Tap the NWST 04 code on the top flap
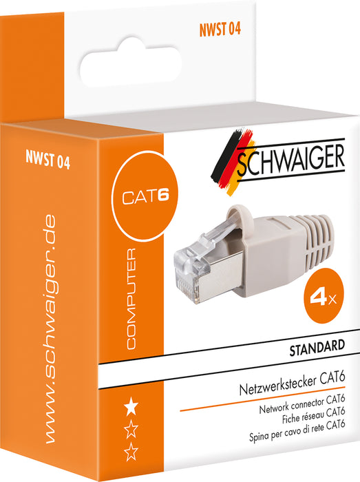[221, 29]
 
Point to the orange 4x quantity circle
[324, 299]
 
